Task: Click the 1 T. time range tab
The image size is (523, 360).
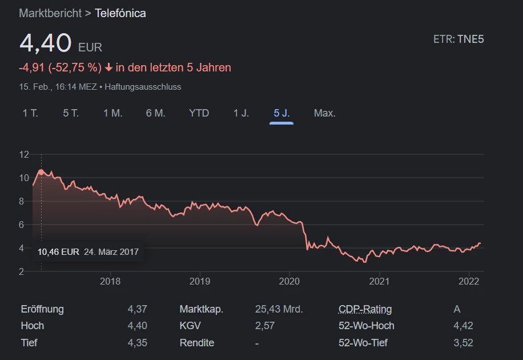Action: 30,113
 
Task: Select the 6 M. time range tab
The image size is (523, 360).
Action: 155,113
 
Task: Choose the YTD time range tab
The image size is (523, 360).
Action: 199,113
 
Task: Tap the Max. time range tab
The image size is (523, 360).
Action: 324,113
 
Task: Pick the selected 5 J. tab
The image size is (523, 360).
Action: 281,113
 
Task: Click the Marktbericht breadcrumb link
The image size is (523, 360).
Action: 50,13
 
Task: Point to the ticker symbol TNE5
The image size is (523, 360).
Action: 470,39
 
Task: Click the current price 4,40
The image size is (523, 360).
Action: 46,43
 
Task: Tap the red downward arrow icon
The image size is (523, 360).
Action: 108,68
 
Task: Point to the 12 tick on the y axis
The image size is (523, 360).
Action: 24,154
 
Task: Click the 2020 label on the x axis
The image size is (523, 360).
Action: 289,281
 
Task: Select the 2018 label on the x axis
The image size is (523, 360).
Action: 110,281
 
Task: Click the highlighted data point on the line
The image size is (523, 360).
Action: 41,171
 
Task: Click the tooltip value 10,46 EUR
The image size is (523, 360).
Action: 58,251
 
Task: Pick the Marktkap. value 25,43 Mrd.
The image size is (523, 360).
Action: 279,309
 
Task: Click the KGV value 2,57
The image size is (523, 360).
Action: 264,326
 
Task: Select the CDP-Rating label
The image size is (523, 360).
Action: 365,309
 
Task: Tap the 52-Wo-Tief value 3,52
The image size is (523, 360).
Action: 463,343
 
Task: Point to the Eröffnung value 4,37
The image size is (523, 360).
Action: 137,309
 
